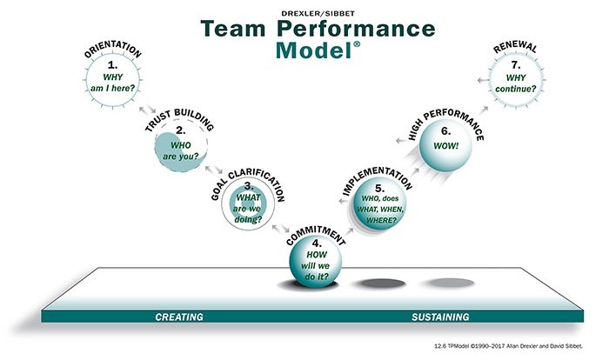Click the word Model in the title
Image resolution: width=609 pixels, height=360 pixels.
[x=313, y=50]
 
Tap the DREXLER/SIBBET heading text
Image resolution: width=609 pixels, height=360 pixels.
[x=318, y=14]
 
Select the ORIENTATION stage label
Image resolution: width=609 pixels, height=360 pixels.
[x=112, y=49]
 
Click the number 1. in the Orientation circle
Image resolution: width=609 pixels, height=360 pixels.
[x=112, y=64]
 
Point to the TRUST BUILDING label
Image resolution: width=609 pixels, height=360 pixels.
[x=179, y=120]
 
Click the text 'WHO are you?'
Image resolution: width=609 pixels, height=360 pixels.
[x=181, y=150]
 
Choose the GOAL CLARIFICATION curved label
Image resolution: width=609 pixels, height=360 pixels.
[x=248, y=184]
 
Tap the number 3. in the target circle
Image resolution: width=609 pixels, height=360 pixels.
[x=249, y=186]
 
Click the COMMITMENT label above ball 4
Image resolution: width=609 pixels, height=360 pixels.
[x=316, y=235]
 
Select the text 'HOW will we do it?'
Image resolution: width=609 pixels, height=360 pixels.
[x=317, y=265]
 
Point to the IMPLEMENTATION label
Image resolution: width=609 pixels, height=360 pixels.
[x=377, y=180]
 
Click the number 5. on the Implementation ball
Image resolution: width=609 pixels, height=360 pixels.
[x=380, y=189]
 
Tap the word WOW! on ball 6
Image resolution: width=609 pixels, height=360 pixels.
[x=445, y=146]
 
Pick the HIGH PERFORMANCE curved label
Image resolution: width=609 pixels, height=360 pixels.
[x=446, y=123]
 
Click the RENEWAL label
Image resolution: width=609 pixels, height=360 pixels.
[x=515, y=47]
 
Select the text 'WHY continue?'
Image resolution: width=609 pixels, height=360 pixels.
[x=515, y=83]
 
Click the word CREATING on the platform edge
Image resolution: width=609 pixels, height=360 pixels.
[x=179, y=317]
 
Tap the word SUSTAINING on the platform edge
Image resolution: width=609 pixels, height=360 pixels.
[x=440, y=317]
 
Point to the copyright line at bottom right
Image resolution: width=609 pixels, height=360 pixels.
[x=508, y=346]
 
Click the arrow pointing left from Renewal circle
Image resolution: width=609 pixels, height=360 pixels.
[x=483, y=80]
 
